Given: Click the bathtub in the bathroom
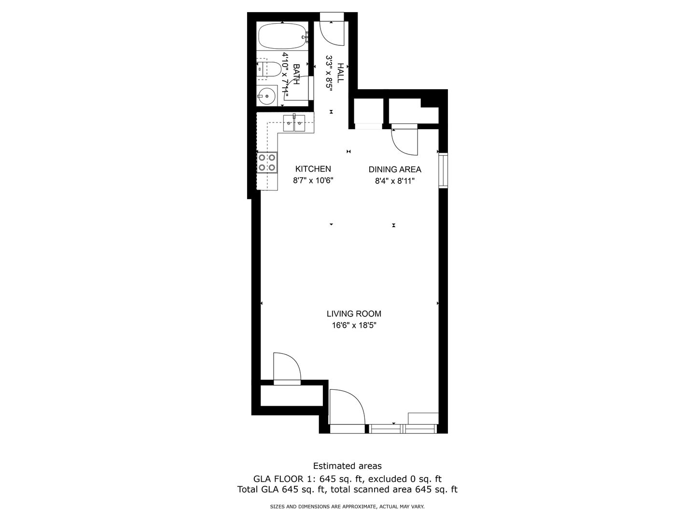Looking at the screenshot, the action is tap(282, 37).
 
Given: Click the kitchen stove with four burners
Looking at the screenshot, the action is tap(267, 162).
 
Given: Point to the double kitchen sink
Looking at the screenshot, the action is tap(294, 123).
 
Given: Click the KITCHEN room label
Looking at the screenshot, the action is tap(313, 169).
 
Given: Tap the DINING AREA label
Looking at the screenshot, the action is tap(395, 169).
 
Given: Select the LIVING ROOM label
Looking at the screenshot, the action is tap(354, 314).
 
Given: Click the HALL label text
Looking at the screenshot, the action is tap(340, 73).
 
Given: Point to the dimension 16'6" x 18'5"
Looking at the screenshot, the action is tap(354, 326).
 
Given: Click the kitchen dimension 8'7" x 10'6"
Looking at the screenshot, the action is tap(313, 180).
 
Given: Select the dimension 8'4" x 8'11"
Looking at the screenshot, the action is tap(395, 181).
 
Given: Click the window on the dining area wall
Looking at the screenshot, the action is tap(443, 171).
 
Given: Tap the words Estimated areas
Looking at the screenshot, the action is tap(347, 466).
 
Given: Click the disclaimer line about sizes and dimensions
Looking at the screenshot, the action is tap(347, 507).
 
